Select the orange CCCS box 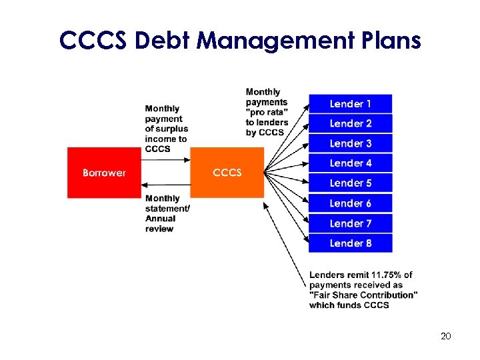tap(227, 173)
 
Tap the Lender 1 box tap(350, 104)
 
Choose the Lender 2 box tap(350, 123)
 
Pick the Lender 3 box tap(350, 143)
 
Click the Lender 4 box tap(350, 163)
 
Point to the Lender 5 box tap(350, 183)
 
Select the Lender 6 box tap(350, 203)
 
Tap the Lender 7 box tap(350, 223)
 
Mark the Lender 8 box tap(350, 243)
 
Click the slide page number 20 tap(446, 336)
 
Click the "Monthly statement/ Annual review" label tap(167, 213)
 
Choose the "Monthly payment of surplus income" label tap(167, 129)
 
